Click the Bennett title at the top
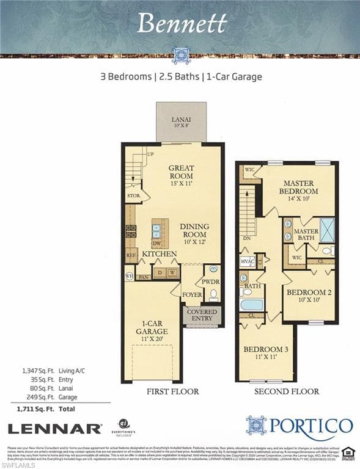[182, 23]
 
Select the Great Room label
[181, 172]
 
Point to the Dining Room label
[194, 230]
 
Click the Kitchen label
[160, 253]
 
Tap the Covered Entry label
[202, 315]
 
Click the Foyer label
[193, 294]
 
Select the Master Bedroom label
[299, 187]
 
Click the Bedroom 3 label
[265, 353]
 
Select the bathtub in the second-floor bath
[251, 304]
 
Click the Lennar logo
[54, 429]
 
